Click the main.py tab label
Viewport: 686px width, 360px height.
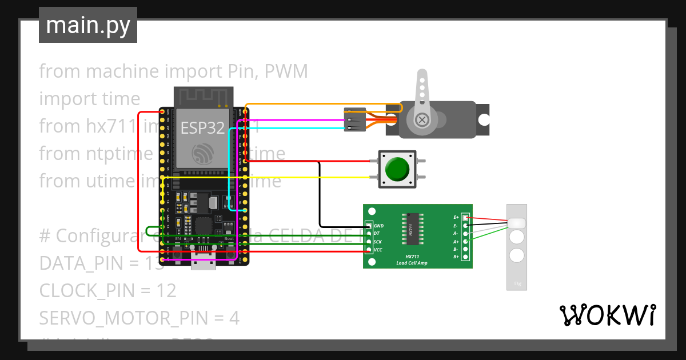(87, 26)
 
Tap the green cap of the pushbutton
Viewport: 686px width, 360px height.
(397, 169)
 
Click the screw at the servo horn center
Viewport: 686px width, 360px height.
(422, 119)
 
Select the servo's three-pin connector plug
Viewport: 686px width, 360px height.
(353, 119)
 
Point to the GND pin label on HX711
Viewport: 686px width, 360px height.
(378, 226)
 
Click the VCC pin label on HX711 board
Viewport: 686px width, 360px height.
(378, 250)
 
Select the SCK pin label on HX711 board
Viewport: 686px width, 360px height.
(378, 242)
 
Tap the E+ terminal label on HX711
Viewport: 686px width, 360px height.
(456, 218)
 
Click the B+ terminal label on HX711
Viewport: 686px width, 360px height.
(456, 257)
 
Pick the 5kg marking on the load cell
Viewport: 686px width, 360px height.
(517, 283)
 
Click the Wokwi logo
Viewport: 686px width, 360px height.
(607, 315)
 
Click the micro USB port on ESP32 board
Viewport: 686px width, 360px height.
(204, 264)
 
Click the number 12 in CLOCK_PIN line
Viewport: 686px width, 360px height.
(166, 291)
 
